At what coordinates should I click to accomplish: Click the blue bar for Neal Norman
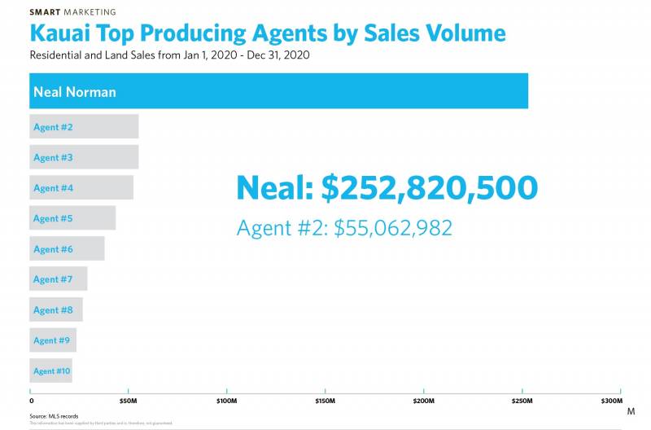(x=279, y=91)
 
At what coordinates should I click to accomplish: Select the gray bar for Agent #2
(x=84, y=127)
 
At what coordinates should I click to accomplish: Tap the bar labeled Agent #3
(x=84, y=157)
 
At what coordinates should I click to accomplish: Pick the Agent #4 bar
(x=81, y=188)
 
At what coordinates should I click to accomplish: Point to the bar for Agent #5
(x=72, y=218)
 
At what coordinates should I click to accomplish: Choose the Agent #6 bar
(x=67, y=249)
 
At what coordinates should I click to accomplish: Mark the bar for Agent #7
(x=59, y=279)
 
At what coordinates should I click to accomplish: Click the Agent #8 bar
(x=56, y=310)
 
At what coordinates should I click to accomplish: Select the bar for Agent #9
(x=53, y=340)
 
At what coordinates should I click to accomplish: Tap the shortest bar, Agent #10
(x=50, y=371)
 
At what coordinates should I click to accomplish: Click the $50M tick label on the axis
(x=128, y=401)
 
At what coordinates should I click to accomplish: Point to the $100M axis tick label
(x=226, y=401)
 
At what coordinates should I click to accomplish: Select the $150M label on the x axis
(x=325, y=401)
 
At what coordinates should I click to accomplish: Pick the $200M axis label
(x=423, y=401)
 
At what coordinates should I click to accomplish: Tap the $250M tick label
(x=522, y=401)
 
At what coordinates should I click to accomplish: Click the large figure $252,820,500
(x=429, y=188)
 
